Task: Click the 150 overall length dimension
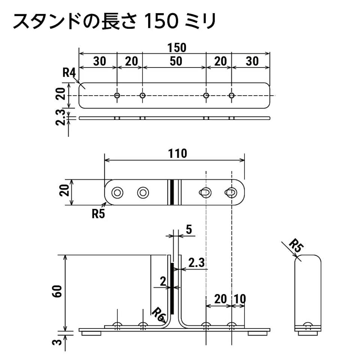tap(177, 48)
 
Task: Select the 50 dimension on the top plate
tap(176, 61)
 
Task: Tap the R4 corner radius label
tap(69, 73)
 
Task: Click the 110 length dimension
tap(177, 154)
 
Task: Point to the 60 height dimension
tap(57, 291)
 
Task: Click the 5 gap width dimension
tap(189, 230)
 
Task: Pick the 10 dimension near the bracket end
tap(240, 299)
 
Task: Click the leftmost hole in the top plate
tap(117, 95)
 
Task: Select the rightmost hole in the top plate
tap(231, 95)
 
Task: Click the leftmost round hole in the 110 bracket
tap(117, 193)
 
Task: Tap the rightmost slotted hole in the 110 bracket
tap(231, 192)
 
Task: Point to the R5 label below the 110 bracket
tap(98, 214)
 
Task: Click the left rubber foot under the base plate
tap(91, 333)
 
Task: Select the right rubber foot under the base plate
tap(258, 333)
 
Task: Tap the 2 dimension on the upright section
tap(163, 282)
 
